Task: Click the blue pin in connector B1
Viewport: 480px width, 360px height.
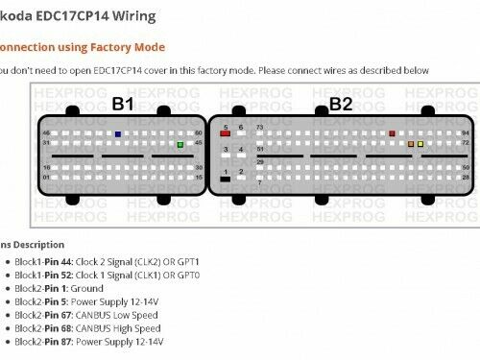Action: tap(117, 134)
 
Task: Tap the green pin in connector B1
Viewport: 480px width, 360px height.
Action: tap(180, 145)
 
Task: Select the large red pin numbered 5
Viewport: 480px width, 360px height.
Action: tap(225, 134)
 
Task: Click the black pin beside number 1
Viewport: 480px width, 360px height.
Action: tap(225, 179)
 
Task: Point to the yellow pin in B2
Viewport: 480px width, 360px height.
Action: tap(420, 144)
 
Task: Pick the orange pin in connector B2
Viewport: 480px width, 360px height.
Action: tap(411, 144)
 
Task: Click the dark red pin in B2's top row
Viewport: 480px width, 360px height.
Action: tap(392, 133)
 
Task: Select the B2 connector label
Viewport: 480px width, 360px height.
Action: tap(342, 104)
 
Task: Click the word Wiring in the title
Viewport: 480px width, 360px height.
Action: tap(132, 17)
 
